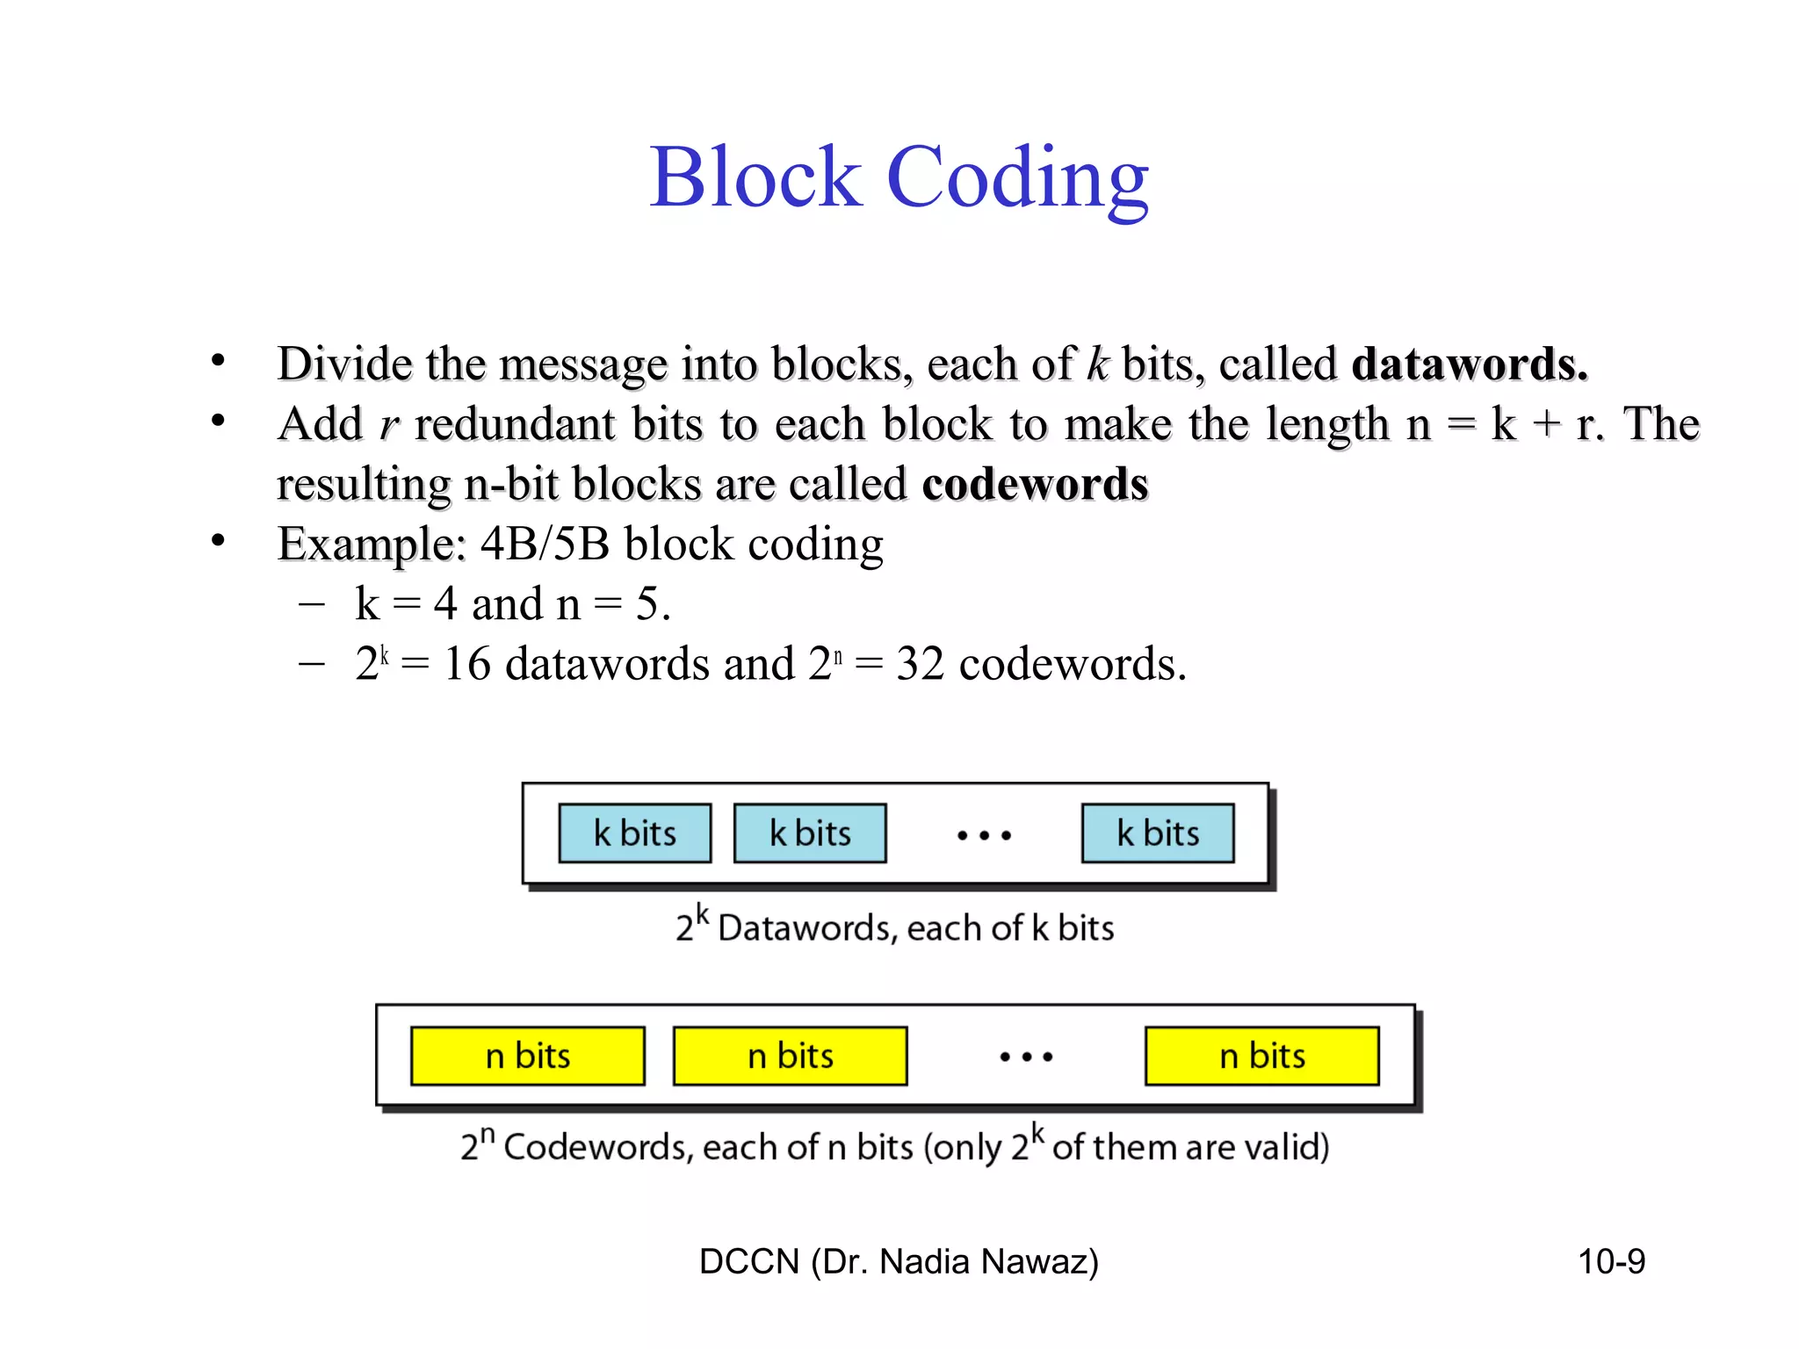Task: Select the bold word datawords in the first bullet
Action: (1469, 364)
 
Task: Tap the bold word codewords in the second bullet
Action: (1035, 484)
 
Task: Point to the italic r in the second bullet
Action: (388, 426)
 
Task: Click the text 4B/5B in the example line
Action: (545, 544)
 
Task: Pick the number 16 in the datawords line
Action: (466, 664)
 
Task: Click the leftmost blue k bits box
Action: (634, 833)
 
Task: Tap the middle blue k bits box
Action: (810, 833)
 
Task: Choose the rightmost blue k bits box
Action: (1158, 833)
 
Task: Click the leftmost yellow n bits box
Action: (527, 1056)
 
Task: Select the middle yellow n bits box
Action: (790, 1056)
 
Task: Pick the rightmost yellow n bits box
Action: (1262, 1056)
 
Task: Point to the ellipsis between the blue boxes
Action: (984, 835)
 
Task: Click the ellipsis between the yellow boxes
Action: (1026, 1057)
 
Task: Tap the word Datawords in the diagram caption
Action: (807, 928)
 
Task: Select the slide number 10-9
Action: (1611, 1262)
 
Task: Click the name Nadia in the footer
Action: (924, 1262)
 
